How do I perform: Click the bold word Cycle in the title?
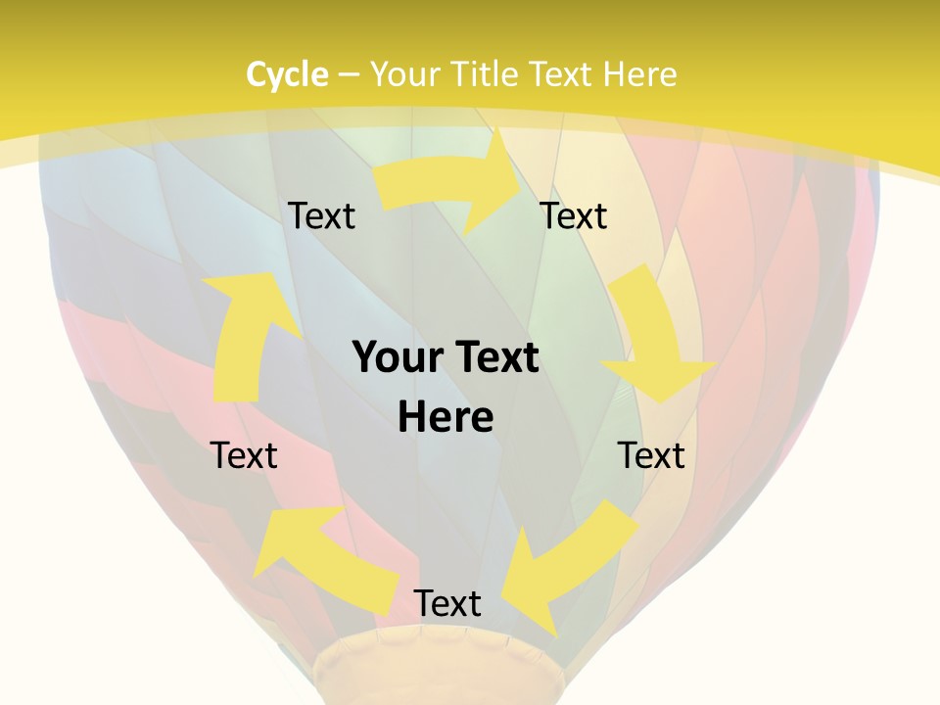pyautogui.click(x=287, y=74)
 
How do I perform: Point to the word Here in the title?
pyautogui.click(x=640, y=74)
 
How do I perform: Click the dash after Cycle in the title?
pyautogui.click(x=349, y=74)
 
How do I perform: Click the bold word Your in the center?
pyautogui.click(x=397, y=358)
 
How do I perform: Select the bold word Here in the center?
pyautogui.click(x=446, y=417)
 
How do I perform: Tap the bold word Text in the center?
pyautogui.click(x=494, y=358)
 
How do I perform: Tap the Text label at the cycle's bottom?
pyautogui.click(x=446, y=604)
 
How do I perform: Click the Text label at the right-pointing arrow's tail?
pyautogui.click(x=321, y=216)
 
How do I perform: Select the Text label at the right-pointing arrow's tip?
pyautogui.click(x=574, y=216)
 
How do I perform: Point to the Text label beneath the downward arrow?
pyautogui.click(x=651, y=455)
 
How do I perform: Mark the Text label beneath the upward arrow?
pyautogui.click(x=244, y=455)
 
